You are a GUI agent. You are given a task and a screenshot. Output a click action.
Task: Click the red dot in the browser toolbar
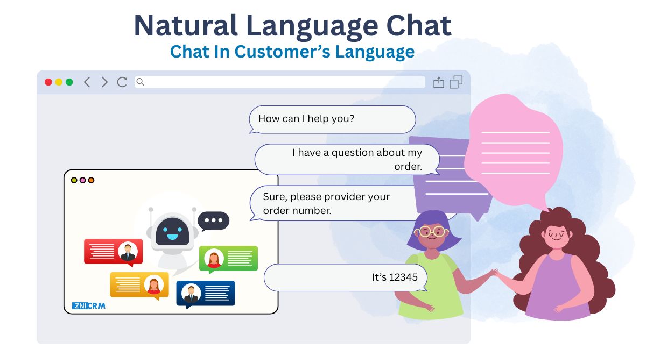pos(48,82)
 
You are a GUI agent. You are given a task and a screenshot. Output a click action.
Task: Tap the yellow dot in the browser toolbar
pos(59,82)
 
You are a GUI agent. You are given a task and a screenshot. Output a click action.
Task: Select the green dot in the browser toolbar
pos(69,82)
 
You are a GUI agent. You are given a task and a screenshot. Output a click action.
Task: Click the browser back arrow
pos(87,82)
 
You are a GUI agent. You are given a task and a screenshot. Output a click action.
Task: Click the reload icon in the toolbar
pos(122,82)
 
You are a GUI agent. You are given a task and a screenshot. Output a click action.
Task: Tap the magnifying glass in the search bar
pos(141,82)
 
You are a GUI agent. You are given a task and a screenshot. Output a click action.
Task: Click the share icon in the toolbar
pos(439,82)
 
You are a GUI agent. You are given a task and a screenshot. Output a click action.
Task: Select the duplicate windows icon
pos(456,82)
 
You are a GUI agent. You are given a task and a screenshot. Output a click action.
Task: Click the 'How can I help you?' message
pos(306,119)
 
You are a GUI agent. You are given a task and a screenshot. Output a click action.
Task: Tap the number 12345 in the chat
pos(403,277)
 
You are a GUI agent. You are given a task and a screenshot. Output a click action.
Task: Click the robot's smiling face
pos(172,231)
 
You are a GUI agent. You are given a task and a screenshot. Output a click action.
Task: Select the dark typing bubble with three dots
pos(213,221)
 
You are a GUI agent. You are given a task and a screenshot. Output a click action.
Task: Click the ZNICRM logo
pos(88,305)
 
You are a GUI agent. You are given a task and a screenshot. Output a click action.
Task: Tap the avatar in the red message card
pos(128,252)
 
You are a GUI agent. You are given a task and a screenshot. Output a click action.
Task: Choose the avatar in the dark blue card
pos(191,293)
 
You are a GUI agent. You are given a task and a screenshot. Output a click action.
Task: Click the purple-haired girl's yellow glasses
pos(431,232)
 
